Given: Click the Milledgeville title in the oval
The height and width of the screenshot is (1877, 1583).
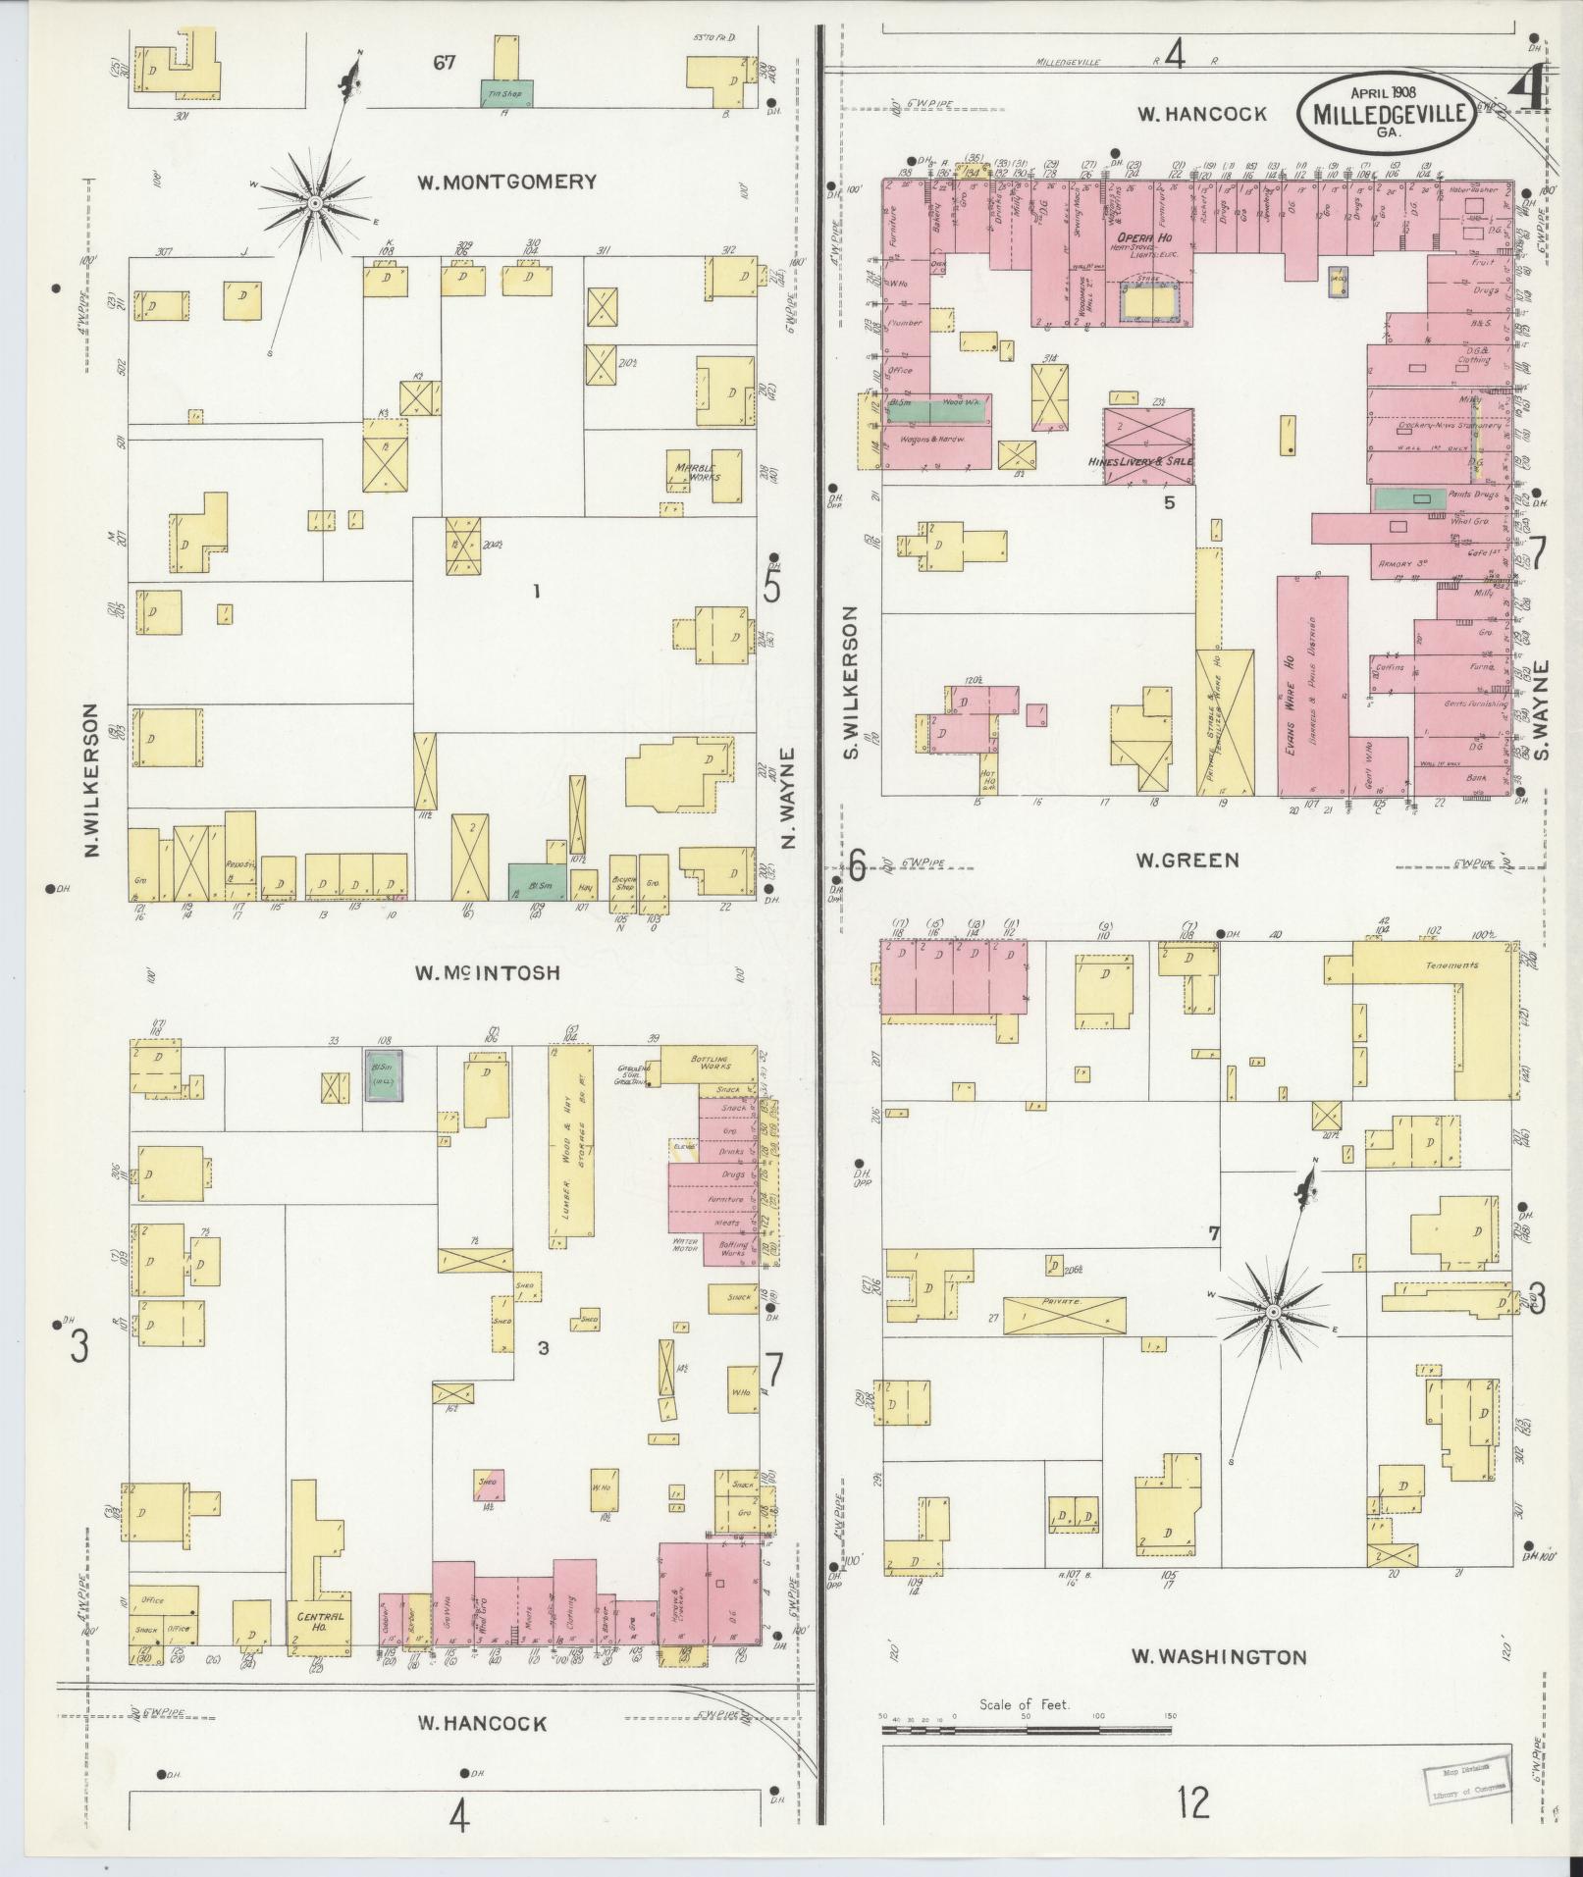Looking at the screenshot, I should pos(1386,113).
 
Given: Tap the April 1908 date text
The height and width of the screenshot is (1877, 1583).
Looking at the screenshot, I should pos(1386,92).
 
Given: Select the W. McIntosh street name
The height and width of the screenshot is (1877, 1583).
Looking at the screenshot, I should pos(486,972).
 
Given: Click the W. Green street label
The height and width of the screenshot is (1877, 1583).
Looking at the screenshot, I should pos(1187,860).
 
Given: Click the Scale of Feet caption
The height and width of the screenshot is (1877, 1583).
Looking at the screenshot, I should pos(1025,1704).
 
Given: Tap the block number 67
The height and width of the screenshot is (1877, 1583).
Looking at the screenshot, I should pos(445,63).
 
